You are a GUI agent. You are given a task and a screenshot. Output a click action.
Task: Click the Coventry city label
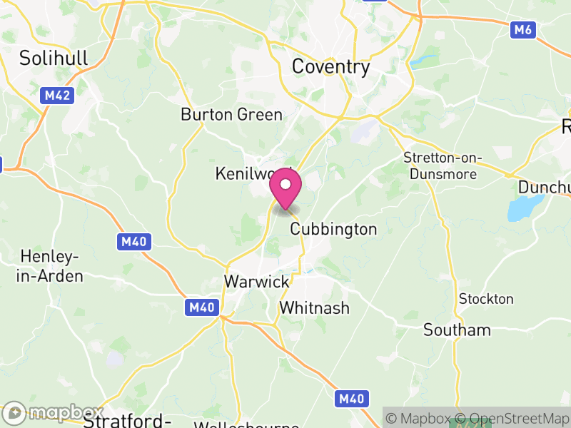coord(331,67)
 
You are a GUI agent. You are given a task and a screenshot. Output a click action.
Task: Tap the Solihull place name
coord(54,58)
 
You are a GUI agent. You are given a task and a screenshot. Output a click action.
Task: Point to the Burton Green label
coord(231,114)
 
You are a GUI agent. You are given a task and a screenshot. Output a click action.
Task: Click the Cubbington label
coord(333,229)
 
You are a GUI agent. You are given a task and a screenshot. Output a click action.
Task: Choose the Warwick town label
coord(257,281)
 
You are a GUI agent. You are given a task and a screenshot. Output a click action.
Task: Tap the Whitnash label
coord(315,308)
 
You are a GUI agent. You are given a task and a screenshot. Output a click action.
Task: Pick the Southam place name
coord(457,330)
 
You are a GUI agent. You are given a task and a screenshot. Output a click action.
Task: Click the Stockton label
coord(486,298)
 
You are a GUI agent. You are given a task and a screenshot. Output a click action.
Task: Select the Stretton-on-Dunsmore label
coord(443,165)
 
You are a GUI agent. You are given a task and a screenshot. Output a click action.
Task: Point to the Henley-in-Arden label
coord(51,266)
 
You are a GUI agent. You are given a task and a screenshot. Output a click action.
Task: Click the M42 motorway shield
coord(56,95)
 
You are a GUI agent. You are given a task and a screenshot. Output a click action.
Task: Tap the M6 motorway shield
coord(523,29)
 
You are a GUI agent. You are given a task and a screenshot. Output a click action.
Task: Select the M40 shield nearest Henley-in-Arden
coord(133,242)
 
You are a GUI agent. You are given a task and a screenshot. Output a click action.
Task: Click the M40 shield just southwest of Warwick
coord(201,307)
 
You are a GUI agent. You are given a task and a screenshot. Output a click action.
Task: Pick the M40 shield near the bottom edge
coord(352,397)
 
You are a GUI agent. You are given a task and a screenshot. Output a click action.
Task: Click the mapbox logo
coord(54,412)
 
